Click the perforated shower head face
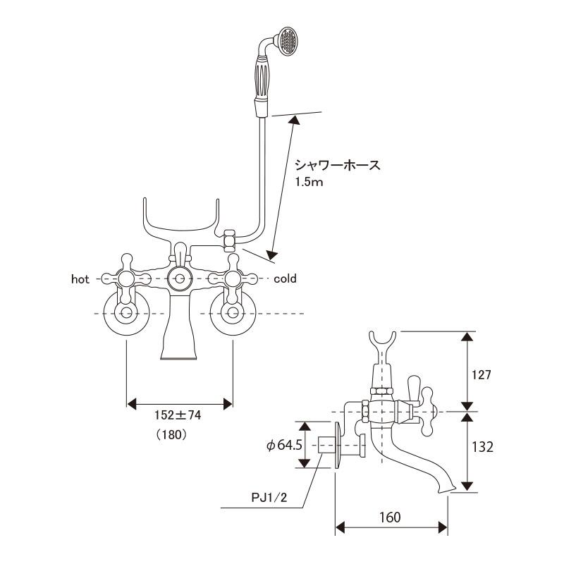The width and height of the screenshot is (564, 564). (x=288, y=42)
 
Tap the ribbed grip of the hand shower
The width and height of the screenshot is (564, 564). (x=262, y=78)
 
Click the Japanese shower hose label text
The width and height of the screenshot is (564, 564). (x=338, y=166)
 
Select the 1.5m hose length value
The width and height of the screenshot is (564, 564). (x=309, y=183)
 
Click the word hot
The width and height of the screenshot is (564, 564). (x=80, y=279)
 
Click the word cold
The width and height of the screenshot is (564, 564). (x=285, y=278)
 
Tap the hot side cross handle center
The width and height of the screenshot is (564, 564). (x=126, y=278)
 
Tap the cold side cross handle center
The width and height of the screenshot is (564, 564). (x=233, y=278)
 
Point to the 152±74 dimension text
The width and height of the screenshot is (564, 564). (x=178, y=415)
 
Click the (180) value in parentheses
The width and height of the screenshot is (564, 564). (x=172, y=435)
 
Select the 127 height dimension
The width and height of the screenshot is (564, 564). (x=482, y=375)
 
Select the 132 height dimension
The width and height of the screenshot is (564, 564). (x=482, y=447)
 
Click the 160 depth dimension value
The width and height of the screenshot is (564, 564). (x=391, y=517)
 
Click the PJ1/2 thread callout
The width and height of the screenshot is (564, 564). (x=269, y=498)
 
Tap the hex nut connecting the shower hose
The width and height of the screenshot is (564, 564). (x=230, y=240)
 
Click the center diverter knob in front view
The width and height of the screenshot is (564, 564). (x=179, y=278)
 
